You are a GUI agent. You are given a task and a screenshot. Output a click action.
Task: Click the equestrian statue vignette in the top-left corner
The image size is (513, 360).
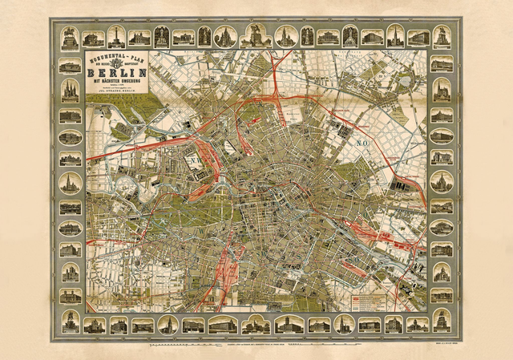[70, 36]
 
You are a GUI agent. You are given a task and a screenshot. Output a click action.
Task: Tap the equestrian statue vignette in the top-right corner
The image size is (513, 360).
[441, 36]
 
